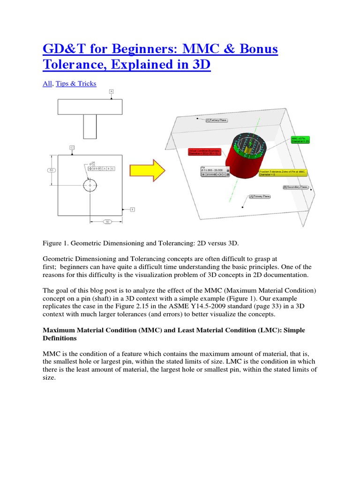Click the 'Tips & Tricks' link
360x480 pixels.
pyautogui.click(x=76, y=83)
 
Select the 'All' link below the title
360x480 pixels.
pyautogui.click(x=48, y=83)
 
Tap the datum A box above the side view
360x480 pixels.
pyautogui.click(x=111, y=91)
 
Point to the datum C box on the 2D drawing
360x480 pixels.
pyautogui.click(x=72, y=147)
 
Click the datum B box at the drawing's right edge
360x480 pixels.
pyautogui.click(x=132, y=209)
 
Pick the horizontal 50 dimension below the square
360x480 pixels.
pyautogui.click(x=106, y=221)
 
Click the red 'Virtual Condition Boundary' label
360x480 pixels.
pyautogui.click(x=204, y=152)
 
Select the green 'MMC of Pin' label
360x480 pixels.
pyautogui.click(x=300, y=140)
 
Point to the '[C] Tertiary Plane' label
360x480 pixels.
pyautogui.click(x=217, y=120)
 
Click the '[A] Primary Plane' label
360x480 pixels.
pyautogui.click(x=260, y=196)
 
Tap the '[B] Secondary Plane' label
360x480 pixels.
pyautogui.click(x=295, y=187)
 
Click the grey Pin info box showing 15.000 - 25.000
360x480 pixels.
pyautogui.click(x=214, y=172)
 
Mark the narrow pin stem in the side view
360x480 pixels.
pyautogui.click(x=90, y=127)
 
